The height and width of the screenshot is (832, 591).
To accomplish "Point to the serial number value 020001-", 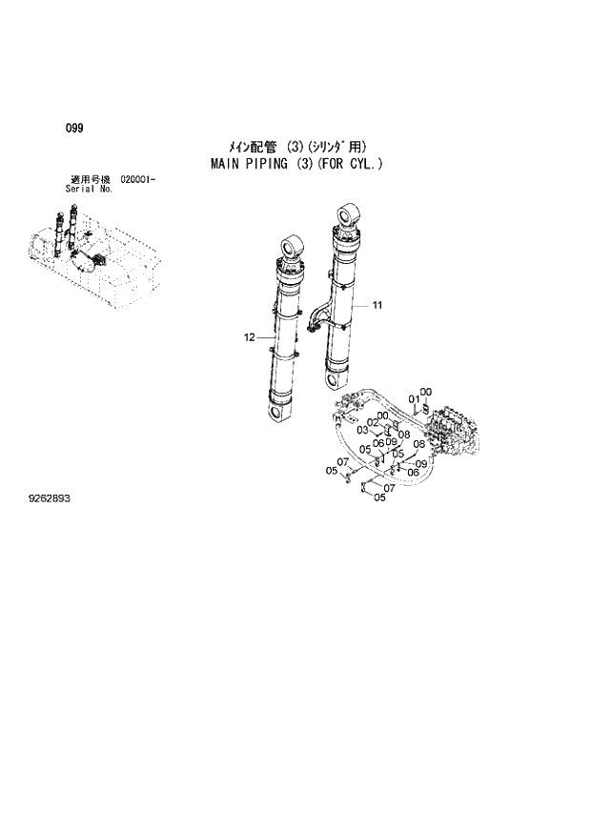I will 138,180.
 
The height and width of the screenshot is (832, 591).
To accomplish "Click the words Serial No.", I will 89,189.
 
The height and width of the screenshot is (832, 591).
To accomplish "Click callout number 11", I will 377,305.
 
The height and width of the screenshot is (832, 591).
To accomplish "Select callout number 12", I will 250,336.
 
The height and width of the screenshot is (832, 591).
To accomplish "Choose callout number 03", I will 362,431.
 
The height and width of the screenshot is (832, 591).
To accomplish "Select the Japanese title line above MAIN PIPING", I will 295,147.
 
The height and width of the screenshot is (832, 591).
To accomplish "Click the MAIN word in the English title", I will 227,164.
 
